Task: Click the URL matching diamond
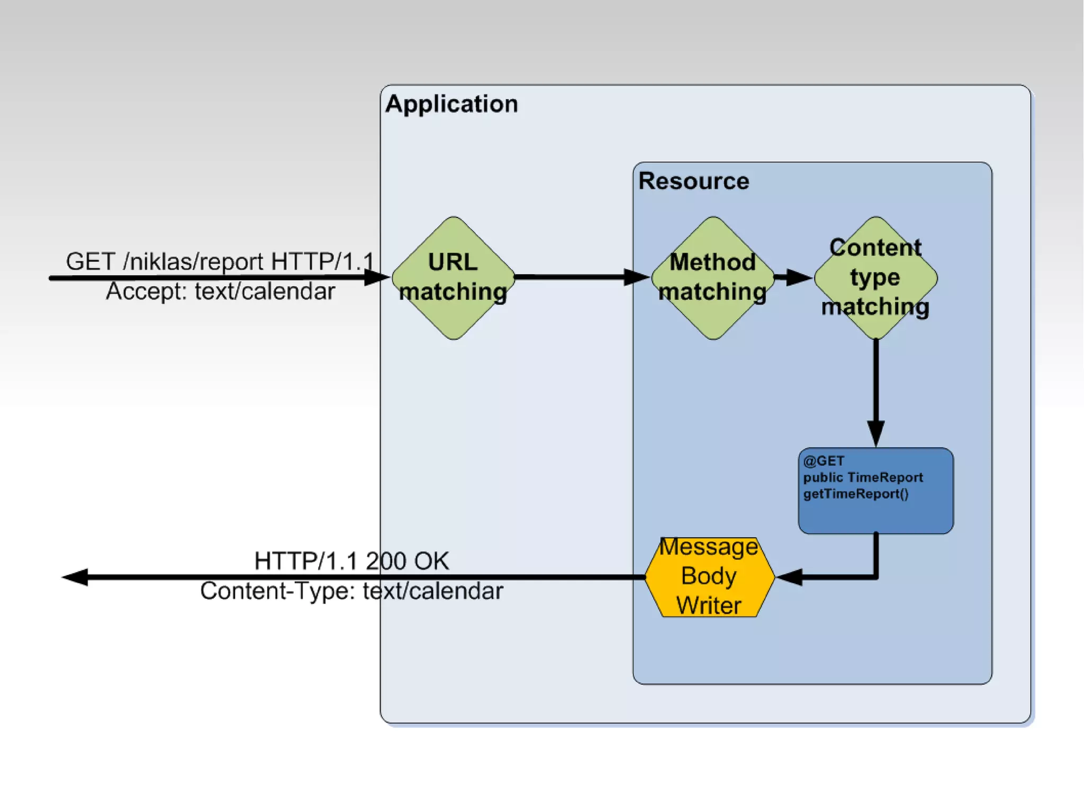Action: (x=453, y=278)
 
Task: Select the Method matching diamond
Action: (x=713, y=278)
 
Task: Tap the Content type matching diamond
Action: (x=876, y=278)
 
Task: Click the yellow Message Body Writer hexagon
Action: (x=710, y=577)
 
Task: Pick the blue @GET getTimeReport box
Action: (x=876, y=491)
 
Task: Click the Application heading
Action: (x=451, y=104)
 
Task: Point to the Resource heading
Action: (x=694, y=181)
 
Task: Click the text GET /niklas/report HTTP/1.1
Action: (x=220, y=261)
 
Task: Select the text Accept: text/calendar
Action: (x=220, y=291)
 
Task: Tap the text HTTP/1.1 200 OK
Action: (x=351, y=561)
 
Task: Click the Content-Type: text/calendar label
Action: (x=351, y=591)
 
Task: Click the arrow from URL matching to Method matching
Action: (x=582, y=277)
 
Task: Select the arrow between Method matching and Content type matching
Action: (x=794, y=277)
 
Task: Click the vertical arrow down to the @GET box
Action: (x=876, y=394)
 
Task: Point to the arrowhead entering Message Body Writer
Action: (x=789, y=577)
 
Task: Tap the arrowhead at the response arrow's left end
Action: (x=75, y=577)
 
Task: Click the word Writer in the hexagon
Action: (x=709, y=606)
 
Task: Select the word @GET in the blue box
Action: (x=824, y=461)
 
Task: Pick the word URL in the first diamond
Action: (x=453, y=262)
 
